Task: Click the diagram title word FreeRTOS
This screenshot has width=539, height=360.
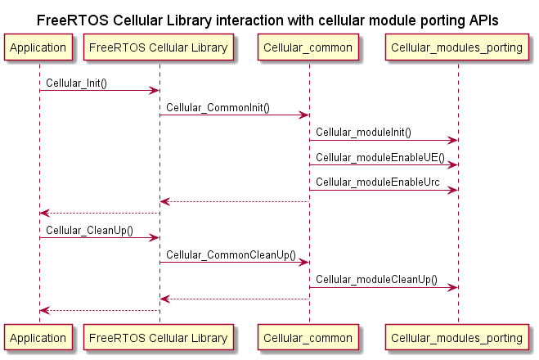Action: pyautogui.click(x=73, y=20)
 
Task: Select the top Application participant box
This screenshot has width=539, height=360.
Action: pyautogui.click(x=38, y=47)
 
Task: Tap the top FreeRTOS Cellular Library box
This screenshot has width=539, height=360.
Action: pyautogui.click(x=159, y=47)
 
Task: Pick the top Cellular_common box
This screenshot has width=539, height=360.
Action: pyautogui.click(x=308, y=47)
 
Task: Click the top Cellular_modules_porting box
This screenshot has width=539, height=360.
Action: pyautogui.click(x=457, y=47)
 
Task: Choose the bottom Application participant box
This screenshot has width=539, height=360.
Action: pyautogui.click(x=38, y=338)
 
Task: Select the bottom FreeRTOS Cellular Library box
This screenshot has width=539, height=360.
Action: pyautogui.click(x=159, y=338)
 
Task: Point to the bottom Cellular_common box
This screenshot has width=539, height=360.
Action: pyautogui.click(x=308, y=338)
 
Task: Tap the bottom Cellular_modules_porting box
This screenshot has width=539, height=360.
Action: pyautogui.click(x=457, y=338)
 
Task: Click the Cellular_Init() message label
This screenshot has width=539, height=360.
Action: pyautogui.click(x=76, y=83)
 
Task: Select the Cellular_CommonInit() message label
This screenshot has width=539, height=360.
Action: pyautogui.click(x=218, y=108)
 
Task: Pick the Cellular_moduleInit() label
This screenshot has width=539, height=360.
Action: pyautogui.click(x=363, y=133)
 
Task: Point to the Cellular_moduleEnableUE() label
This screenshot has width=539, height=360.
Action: pyautogui.click(x=380, y=157)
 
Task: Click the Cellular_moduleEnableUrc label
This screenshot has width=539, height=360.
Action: pyautogui.click(x=378, y=182)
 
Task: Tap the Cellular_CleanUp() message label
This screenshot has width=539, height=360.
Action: pyautogui.click(x=89, y=231)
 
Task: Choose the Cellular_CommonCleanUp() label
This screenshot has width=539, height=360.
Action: pyautogui.click(x=231, y=255)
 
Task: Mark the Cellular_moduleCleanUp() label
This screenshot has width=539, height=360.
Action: pyautogui.click(x=376, y=280)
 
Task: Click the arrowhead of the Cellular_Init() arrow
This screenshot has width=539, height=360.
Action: pyautogui.click(x=154, y=91)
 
